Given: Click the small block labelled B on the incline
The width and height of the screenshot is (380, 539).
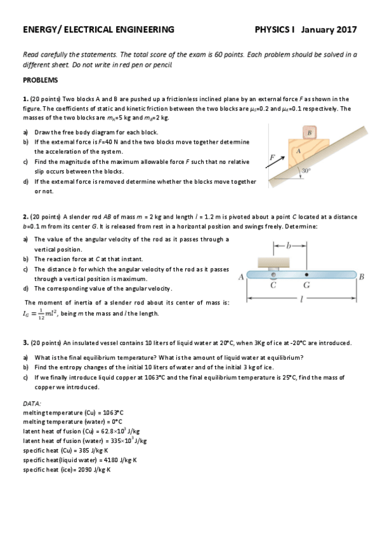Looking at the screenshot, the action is coord(309,132).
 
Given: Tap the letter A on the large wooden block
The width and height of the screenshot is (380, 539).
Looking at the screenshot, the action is coord(298,151).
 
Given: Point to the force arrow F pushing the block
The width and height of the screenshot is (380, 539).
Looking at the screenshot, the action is coord(275,163).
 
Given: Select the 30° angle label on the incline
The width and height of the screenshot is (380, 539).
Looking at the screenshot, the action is coord(306,170).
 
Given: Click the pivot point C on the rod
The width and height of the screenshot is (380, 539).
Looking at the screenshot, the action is coord(273,275).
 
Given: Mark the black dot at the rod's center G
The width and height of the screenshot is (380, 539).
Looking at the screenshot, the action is coord(306,275).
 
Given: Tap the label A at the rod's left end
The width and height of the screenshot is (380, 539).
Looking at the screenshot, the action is coord(241,276).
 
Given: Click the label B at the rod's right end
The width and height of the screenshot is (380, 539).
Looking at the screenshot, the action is coord(362,276).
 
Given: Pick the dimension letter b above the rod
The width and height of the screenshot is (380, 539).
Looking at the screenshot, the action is coord(289,245).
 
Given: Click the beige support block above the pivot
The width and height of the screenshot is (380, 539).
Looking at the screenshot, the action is coord(273,262).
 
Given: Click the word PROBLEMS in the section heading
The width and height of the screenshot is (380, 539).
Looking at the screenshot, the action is coord(41,80).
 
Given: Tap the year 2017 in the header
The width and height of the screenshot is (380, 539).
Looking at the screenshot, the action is coord(346,30).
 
